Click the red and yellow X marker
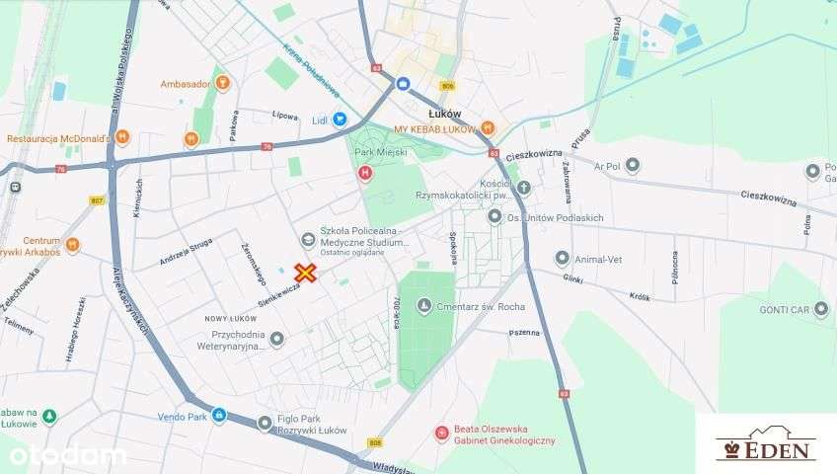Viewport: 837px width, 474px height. (x=307, y=273)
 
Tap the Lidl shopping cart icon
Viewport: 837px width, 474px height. (x=340, y=118)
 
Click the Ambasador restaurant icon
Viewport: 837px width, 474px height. (x=222, y=84)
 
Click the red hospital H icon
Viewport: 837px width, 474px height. (x=364, y=175)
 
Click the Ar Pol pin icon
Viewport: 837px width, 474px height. (x=633, y=165)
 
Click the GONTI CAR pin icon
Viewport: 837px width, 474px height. (x=820, y=309)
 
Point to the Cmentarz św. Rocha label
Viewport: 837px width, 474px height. (x=482, y=306)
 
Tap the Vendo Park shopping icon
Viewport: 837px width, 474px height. (x=218, y=416)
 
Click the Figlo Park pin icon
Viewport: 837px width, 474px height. (x=265, y=423)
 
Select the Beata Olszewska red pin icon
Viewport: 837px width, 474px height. (x=442, y=431)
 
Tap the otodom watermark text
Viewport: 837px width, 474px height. (x=63, y=455)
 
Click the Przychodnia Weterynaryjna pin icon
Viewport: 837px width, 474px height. (x=277, y=339)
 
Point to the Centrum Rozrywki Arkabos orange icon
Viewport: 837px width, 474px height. (x=72, y=245)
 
